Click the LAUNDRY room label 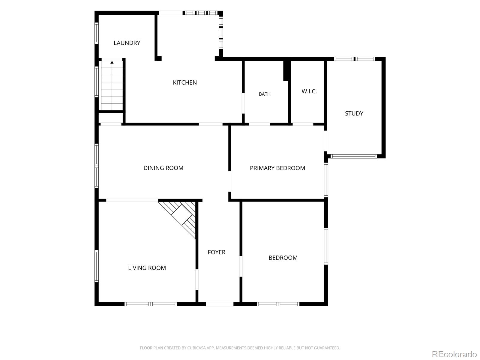point(127,43)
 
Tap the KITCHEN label point(185,82)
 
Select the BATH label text point(265,94)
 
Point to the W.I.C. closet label point(309,91)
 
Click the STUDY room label point(354,113)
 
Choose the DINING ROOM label point(163,168)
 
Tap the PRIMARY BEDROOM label point(277,168)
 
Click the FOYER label point(217,252)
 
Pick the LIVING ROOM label point(147,268)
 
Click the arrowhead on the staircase point(112,62)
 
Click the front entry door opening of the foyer point(220,304)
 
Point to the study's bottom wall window point(354,156)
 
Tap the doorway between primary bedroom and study point(325,141)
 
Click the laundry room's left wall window point(96,33)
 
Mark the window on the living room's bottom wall point(151,304)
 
